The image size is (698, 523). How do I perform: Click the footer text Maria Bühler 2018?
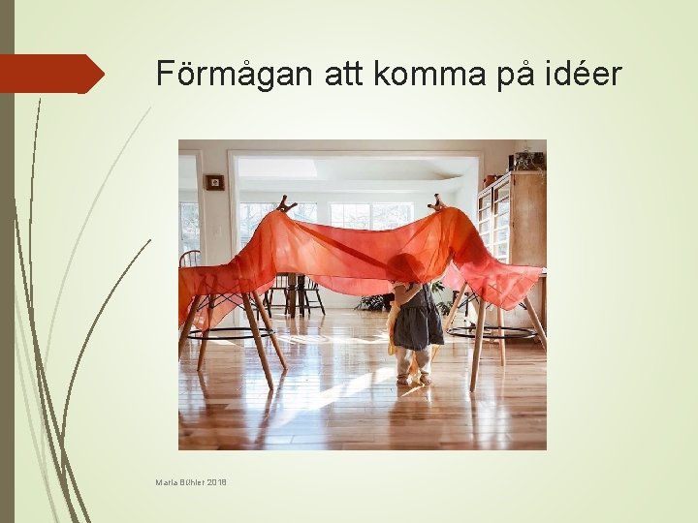click(x=190, y=481)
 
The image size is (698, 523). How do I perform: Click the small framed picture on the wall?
click(x=214, y=182)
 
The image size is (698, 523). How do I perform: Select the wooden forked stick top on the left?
click(x=285, y=203)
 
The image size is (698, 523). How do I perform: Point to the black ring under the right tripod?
click(x=492, y=332)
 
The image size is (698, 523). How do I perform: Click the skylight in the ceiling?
click(x=277, y=169)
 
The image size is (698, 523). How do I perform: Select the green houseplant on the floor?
click(x=374, y=301)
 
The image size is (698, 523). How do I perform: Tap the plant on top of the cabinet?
click(x=528, y=157)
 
